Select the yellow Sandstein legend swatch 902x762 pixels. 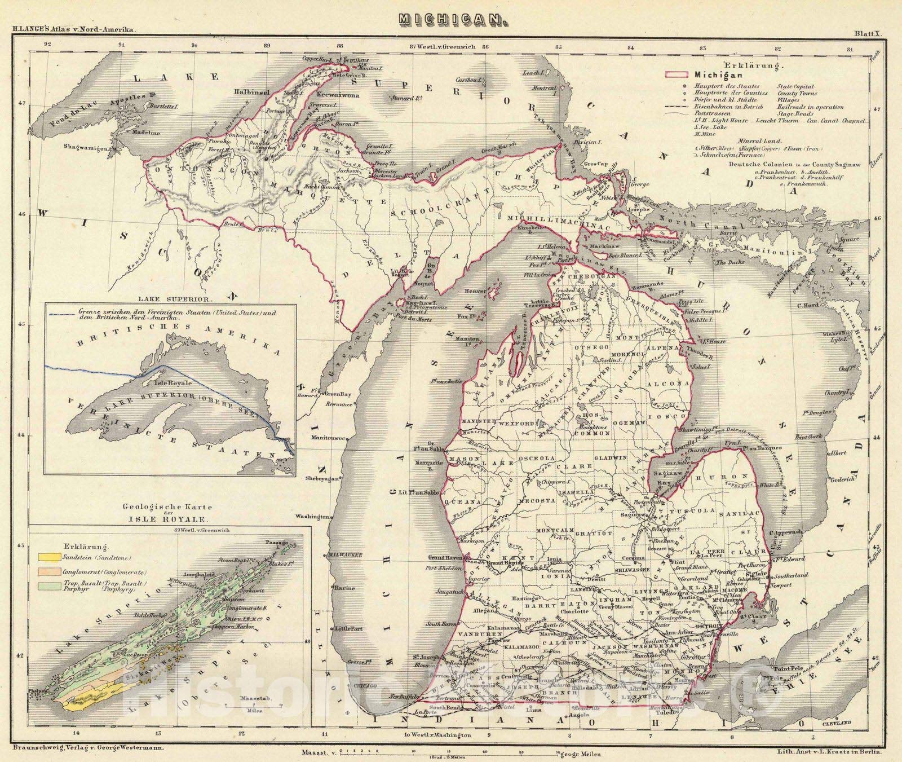(x=48, y=557)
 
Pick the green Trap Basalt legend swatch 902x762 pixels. (x=48, y=586)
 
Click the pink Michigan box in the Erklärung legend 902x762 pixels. (x=677, y=74)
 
